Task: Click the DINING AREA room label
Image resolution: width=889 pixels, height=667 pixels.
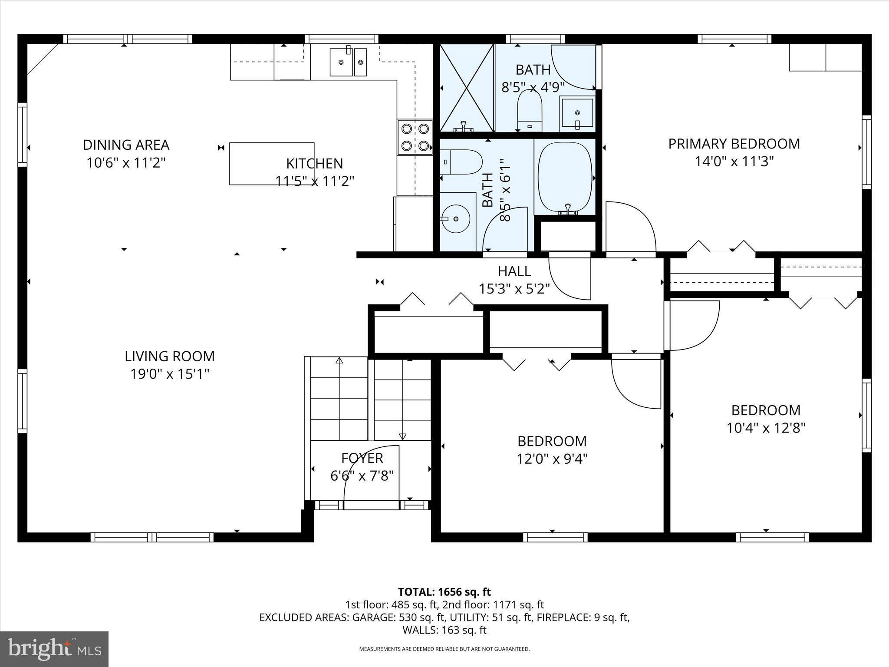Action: click(x=126, y=145)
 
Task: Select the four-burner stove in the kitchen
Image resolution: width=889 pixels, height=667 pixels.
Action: click(x=415, y=137)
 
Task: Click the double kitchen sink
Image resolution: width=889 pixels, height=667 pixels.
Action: click(x=348, y=63)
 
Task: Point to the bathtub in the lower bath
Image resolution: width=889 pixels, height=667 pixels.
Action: click(x=565, y=177)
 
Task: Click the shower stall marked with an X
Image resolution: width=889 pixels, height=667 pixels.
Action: click(x=467, y=88)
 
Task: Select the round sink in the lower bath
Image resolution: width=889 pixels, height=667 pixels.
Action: click(x=456, y=219)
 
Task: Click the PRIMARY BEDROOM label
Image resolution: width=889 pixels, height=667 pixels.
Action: click(x=734, y=144)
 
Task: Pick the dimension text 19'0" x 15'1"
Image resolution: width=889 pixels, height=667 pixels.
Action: click(x=170, y=374)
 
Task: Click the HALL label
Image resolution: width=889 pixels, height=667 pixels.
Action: click(x=514, y=271)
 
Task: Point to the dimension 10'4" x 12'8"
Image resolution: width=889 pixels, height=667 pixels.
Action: click(x=766, y=428)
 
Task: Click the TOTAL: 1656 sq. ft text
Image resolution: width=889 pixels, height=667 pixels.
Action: click(x=444, y=592)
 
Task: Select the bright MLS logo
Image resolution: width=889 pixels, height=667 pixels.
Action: click(x=54, y=649)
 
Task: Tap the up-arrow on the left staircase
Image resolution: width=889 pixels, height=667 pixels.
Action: click(x=339, y=360)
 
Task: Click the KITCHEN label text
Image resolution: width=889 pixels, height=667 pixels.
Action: click(x=314, y=164)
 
